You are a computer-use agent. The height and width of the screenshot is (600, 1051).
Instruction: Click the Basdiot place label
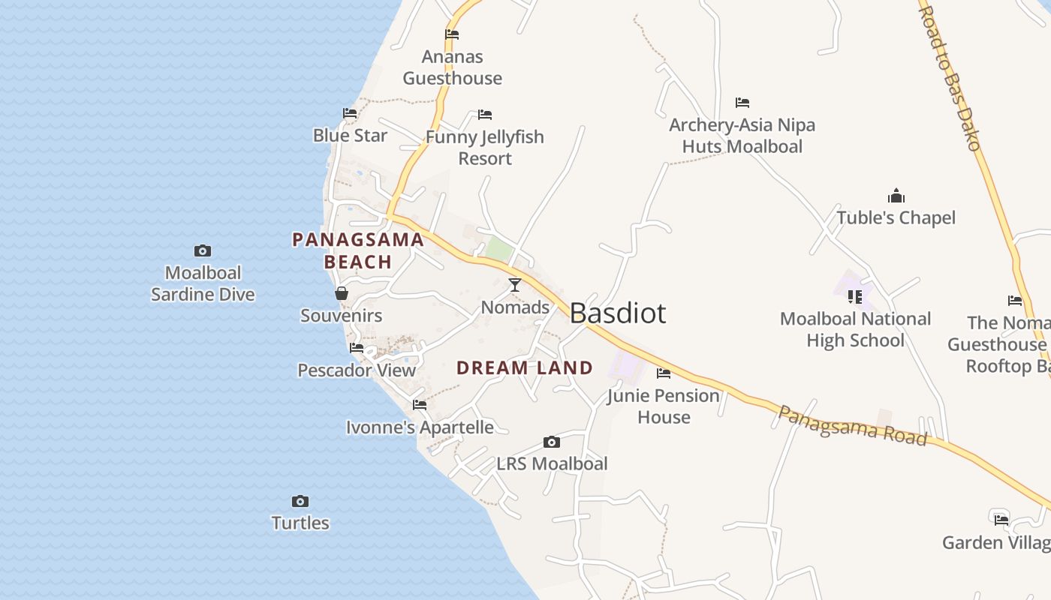click(x=618, y=313)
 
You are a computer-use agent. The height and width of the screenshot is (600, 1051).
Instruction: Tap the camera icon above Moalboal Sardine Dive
click(x=203, y=250)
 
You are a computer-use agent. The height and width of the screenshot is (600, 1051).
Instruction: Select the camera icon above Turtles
click(x=300, y=501)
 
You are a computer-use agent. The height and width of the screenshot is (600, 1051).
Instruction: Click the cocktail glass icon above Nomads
click(x=515, y=285)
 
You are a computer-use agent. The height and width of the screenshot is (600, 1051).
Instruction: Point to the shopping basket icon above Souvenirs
click(x=342, y=293)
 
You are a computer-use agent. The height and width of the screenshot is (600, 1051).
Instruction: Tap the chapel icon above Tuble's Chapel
click(x=896, y=196)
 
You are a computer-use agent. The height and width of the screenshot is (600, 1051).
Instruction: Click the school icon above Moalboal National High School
click(x=855, y=297)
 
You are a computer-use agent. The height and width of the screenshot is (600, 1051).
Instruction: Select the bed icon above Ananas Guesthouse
click(x=452, y=34)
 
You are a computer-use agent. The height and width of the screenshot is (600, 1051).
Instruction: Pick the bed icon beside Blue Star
click(x=350, y=113)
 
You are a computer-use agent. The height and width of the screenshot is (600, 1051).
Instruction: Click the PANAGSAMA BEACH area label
click(x=358, y=250)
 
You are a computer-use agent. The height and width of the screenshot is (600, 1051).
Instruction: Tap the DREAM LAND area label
click(x=525, y=368)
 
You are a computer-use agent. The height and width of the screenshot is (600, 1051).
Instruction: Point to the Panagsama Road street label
click(x=852, y=425)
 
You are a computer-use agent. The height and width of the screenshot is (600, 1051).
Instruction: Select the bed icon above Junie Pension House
click(x=664, y=373)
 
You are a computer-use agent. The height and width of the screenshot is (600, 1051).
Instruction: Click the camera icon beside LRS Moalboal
click(x=552, y=442)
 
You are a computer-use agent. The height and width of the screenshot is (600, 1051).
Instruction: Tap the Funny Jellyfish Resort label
click(x=485, y=148)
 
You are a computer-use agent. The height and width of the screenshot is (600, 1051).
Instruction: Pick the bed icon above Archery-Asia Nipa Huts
click(x=742, y=103)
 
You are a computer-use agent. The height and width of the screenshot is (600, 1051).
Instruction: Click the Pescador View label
click(x=357, y=370)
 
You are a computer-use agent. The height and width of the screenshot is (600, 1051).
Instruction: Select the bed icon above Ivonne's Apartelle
click(x=420, y=405)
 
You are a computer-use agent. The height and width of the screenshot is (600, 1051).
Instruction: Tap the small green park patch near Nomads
click(x=498, y=250)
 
